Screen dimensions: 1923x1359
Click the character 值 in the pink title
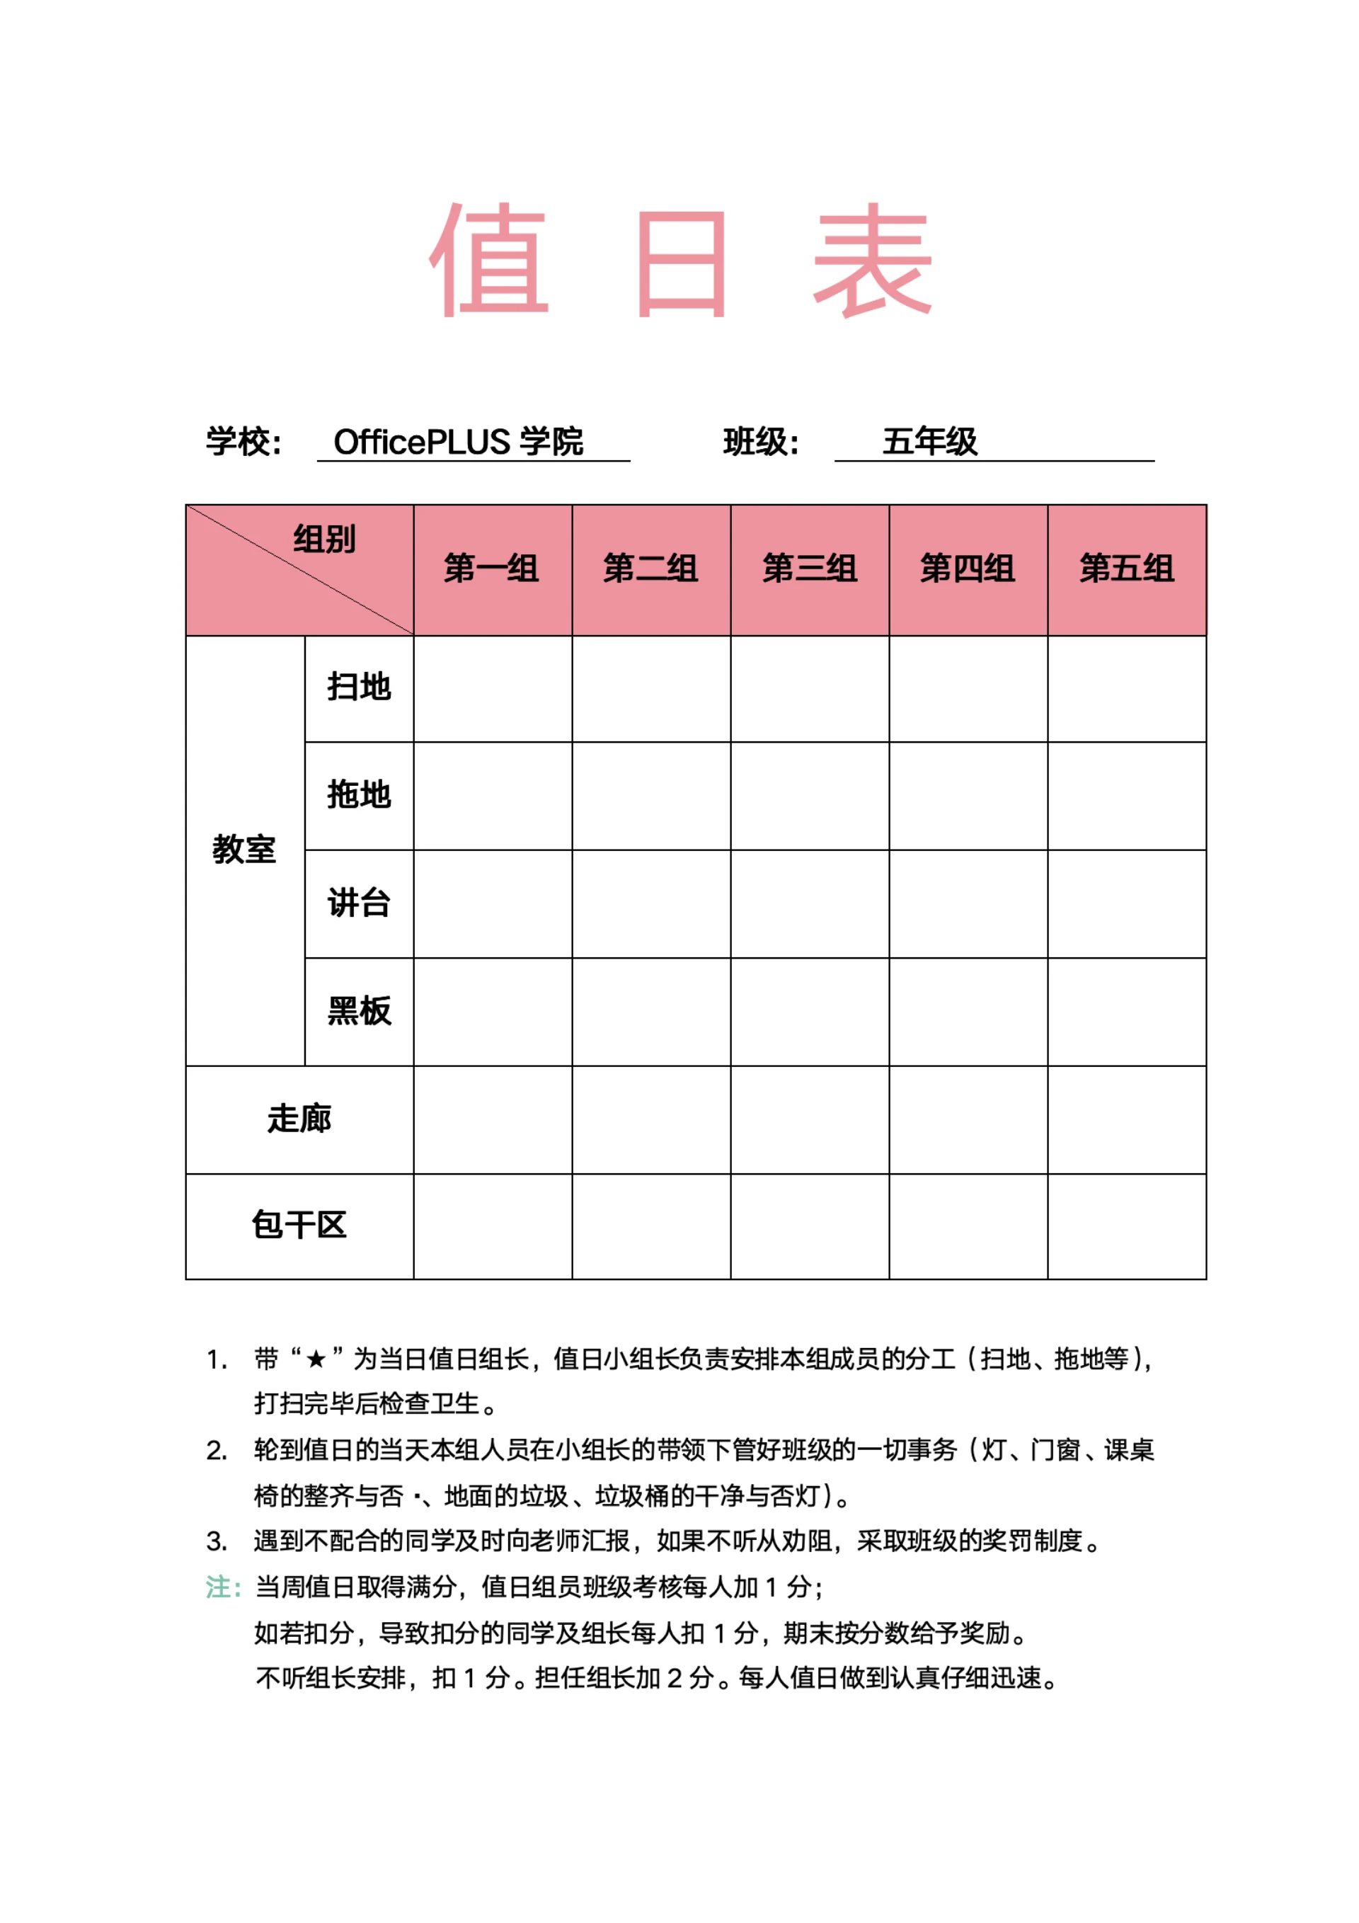pos(489,261)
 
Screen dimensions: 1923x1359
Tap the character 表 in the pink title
pos(873,261)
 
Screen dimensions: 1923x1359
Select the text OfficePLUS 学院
pos(458,441)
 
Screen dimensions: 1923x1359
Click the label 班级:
pos(760,441)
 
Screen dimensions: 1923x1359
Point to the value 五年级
pos(929,441)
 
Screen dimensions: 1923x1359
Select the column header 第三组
pos(810,569)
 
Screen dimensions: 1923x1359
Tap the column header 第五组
pos(1127,569)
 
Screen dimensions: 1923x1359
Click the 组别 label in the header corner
pos(325,539)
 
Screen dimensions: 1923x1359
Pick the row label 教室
pos(243,849)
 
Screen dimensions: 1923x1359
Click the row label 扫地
pos(360,687)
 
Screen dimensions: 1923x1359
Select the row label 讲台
pos(360,903)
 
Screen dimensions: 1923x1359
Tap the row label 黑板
pos(360,1011)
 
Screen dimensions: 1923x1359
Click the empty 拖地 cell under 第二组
pos(650,796)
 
